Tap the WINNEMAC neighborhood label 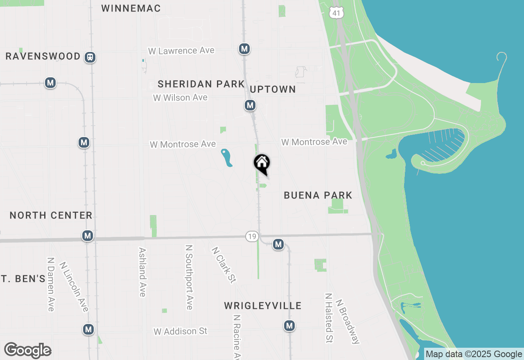[x=131, y=8]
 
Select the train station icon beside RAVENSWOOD [x=90, y=57]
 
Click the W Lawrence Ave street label [x=181, y=51]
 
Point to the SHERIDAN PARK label [x=201, y=84]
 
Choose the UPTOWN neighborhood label [x=273, y=90]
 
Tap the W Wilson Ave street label [x=180, y=98]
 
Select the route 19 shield [x=252, y=236]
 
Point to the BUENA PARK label [x=318, y=195]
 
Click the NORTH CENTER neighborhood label [x=51, y=215]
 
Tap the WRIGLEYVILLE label [x=263, y=306]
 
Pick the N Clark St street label [x=224, y=264]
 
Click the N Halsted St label [x=328, y=318]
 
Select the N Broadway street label [x=348, y=321]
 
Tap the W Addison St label [x=181, y=331]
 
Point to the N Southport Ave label [x=189, y=277]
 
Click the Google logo [x=28, y=351]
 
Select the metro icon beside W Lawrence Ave [x=244, y=49]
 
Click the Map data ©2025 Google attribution [x=474, y=354]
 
